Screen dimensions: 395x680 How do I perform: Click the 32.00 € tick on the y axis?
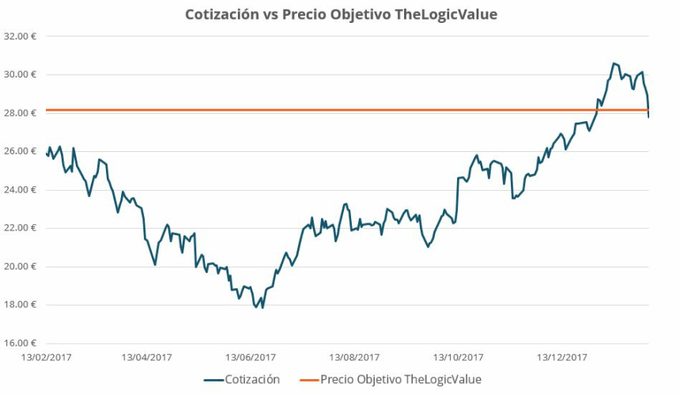point(21,36)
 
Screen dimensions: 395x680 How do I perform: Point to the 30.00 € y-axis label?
point(21,74)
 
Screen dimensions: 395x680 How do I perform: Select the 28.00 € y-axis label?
point(21,112)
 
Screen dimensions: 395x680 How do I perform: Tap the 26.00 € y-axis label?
point(21,151)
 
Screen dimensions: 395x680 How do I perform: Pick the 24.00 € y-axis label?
point(21,190)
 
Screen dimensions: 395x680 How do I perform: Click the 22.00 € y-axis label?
point(21,228)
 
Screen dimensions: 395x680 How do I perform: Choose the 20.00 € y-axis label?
point(21,267)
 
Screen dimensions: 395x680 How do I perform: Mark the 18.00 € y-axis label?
point(21,305)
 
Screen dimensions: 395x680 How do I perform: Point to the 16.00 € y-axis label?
point(21,344)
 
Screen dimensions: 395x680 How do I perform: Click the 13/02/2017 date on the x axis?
point(46,357)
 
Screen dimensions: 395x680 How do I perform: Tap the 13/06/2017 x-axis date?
point(251,357)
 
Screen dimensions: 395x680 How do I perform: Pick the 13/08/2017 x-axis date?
point(355,357)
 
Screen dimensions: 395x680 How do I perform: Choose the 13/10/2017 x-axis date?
point(459,357)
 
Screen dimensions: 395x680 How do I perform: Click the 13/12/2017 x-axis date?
point(563,357)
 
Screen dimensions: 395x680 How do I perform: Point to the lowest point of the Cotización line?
point(263,307)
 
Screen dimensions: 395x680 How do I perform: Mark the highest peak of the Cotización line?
point(614,63)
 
